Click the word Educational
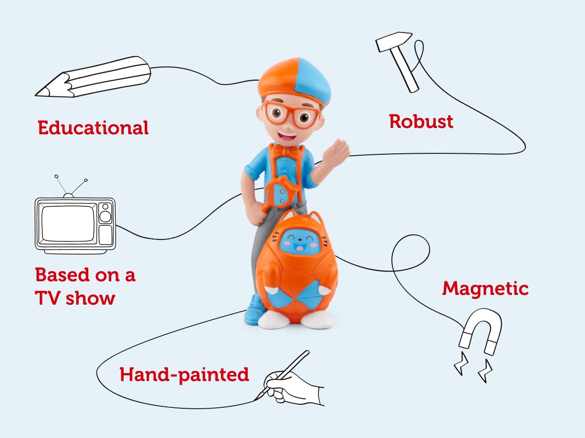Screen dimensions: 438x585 [x=93, y=128]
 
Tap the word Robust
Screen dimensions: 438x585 [x=421, y=121]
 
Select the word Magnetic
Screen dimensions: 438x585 [x=485, y=289]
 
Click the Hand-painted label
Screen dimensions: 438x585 [x=184, y=375]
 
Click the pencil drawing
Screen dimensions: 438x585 [x=93, y=78]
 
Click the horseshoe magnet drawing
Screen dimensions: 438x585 [x=480, y=336]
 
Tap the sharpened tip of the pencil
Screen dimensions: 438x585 [x=40, y=91]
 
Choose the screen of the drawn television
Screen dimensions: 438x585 [x=68, y=223]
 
